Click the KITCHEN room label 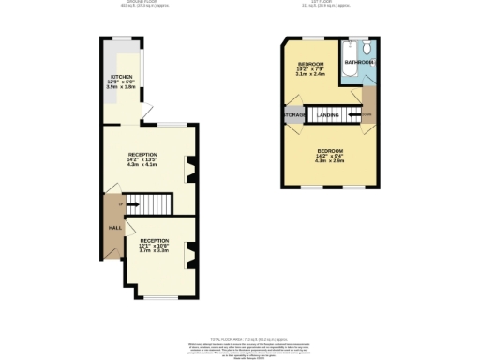click(121, 76)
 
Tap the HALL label click(115, 228)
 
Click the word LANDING click(328, 115)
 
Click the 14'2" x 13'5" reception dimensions click(142, 160)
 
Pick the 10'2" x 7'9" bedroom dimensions click(311, 67)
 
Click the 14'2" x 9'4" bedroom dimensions click(330, 157)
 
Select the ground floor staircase click(150, 203)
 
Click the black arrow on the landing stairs click(344, 116)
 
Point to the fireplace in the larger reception click(192, 170)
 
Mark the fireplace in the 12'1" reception click(192, 249)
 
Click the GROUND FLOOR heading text click(140, 3)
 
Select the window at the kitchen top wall click(120, 38)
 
